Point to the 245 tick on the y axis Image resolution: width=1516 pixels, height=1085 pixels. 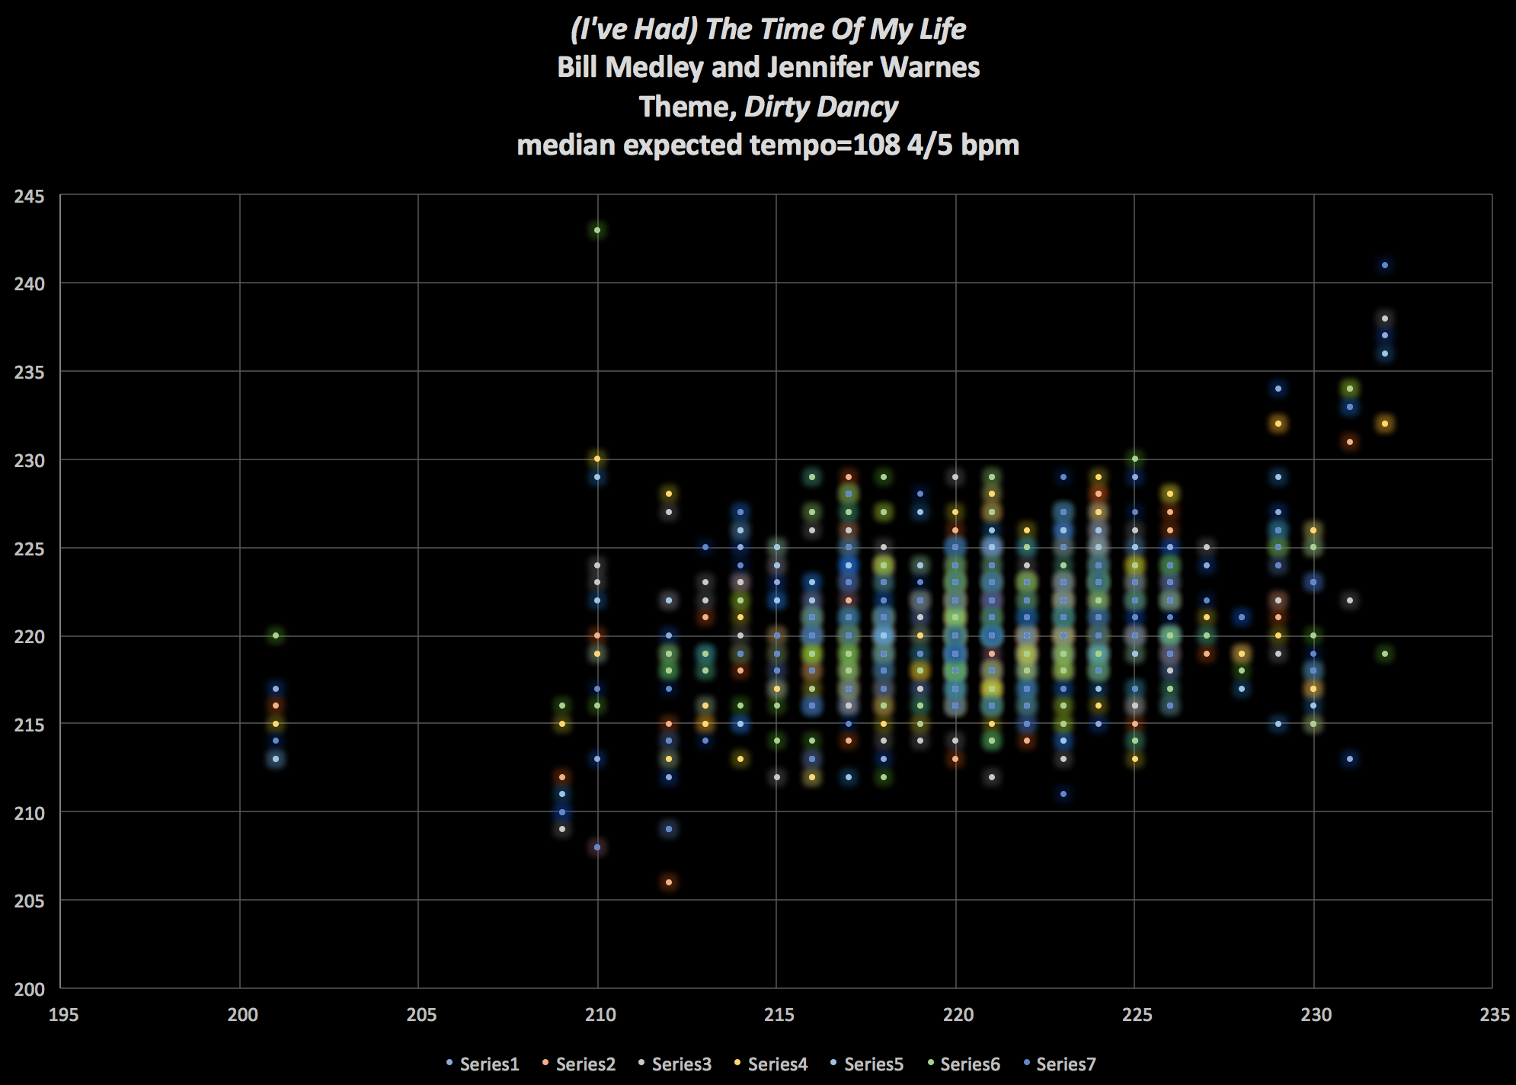point(30,197)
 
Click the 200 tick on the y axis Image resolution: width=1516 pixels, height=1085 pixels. point(30,989)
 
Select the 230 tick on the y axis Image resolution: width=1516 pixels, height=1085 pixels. point(30,461)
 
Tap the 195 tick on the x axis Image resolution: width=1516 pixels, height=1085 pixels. point(63,1015)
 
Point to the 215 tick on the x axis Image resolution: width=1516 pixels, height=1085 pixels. point(779,1015)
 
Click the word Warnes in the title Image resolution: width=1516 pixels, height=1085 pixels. point(930,68)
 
